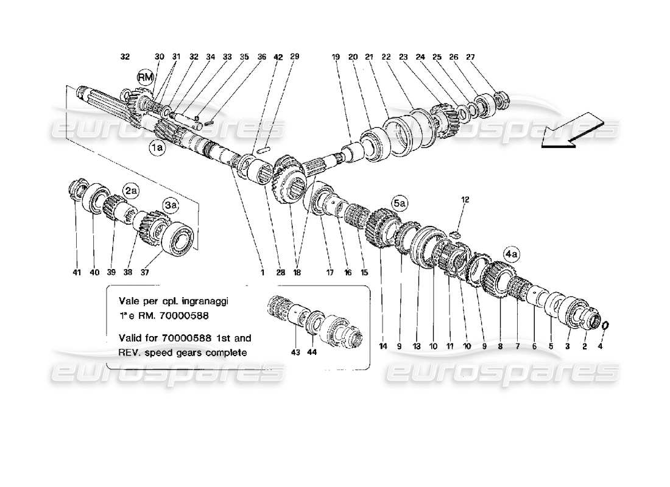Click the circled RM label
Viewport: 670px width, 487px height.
[x=145, y=78]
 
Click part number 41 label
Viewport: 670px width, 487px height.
[x=76, y=273]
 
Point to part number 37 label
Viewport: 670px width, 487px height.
[x=144, y=273]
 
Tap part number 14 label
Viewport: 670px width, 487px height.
[x=383, y=347]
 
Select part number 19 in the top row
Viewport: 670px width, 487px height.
[x=335, y=57]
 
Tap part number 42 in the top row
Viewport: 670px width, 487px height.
[x=278, y=57]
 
